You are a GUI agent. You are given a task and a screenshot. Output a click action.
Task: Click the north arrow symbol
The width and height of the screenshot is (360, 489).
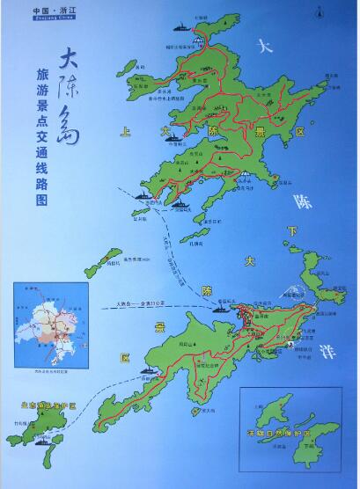click(x=332, y=11)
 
